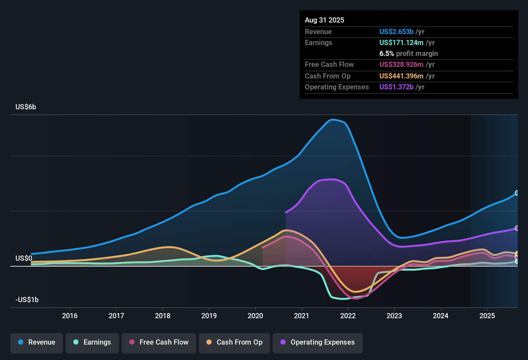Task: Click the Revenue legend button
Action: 37,342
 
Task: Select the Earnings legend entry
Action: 92,342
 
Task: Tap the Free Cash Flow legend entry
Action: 159,342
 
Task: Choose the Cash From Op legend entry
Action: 234,342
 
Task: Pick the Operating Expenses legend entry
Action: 318,342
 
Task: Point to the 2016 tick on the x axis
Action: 70,316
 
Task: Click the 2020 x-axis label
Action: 255,316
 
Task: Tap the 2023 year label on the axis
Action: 394,316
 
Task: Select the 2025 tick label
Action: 487,316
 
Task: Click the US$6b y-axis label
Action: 26,107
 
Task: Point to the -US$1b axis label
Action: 27,300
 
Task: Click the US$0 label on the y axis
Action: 24,258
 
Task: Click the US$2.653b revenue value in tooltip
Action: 396,32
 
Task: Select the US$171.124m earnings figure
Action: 401,43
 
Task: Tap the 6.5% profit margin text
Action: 408,54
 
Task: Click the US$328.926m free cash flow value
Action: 401,65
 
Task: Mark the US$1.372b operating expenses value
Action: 396,87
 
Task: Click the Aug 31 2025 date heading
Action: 324,20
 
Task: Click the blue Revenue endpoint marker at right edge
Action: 517,193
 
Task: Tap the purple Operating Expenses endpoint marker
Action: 517,228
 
